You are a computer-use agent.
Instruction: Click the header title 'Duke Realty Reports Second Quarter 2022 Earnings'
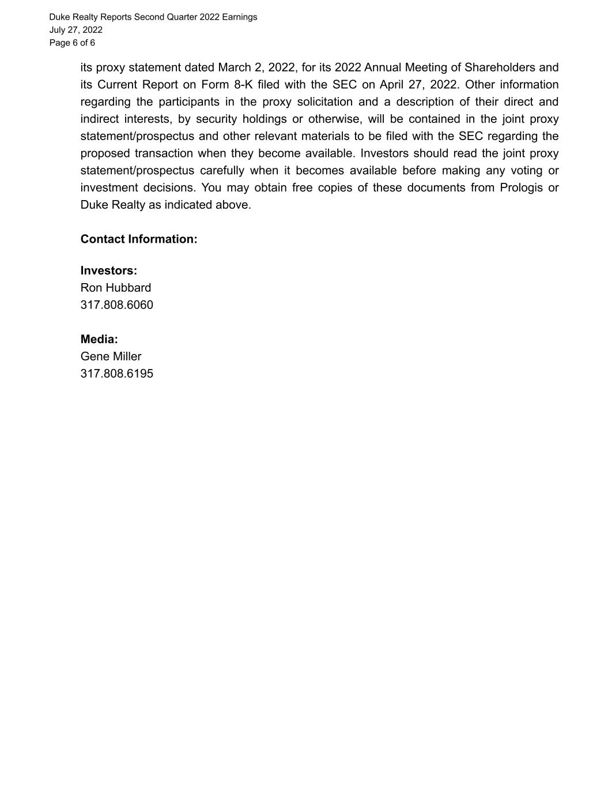click(x=153, y=17)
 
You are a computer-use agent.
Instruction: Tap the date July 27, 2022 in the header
click(x=75, y=30)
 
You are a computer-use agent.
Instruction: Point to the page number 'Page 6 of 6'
click(x=72, y=43)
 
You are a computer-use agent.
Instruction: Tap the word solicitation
click(x=324, y=102)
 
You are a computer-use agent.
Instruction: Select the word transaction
click(x=164, y=153)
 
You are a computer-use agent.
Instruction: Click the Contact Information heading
click(x=139, y=239)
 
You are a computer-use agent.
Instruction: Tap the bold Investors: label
click(x=109, y=271)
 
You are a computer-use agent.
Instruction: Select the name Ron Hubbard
click(x=116, y=288)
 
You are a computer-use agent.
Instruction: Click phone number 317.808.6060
click(x=117, y=305)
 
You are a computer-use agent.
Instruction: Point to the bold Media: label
click(x=99, y=340)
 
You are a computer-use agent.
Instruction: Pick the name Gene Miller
click(x=111, y=357)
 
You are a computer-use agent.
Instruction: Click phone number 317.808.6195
click(x=117, y=374)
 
